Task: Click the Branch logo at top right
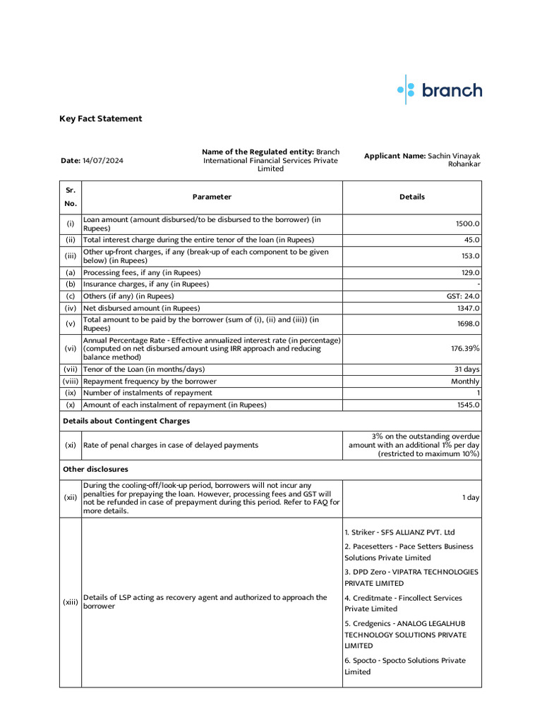440,90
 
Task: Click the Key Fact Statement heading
100,118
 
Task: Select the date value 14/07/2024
103,160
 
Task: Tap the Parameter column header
212,197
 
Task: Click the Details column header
411,197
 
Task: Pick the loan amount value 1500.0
467,224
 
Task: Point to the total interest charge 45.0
471,240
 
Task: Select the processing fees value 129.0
469,272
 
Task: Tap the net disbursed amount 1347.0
467,308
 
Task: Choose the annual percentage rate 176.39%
466,348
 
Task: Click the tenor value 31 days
466,369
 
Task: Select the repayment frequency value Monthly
466,381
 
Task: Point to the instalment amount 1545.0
467,405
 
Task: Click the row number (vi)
71,348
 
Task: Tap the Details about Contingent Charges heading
126,421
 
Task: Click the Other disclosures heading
95,469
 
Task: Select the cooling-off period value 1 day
471,498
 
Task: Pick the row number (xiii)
71,602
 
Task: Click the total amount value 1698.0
467,324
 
